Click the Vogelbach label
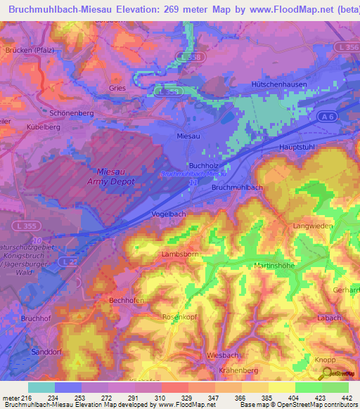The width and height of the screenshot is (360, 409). tap(168, 214)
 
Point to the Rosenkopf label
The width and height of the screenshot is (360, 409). tap(177, 316)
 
